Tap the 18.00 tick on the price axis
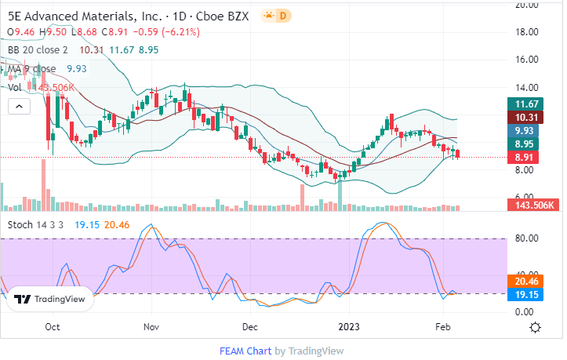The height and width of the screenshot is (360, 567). tap(523, 32)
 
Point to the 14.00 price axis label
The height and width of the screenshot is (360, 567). tap(523, 88)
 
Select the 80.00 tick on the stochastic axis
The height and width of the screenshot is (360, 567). tap(523, 238)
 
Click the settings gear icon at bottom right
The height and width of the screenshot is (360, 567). tap(534, 326)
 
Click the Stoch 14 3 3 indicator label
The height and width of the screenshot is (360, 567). tap(36, 224)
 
